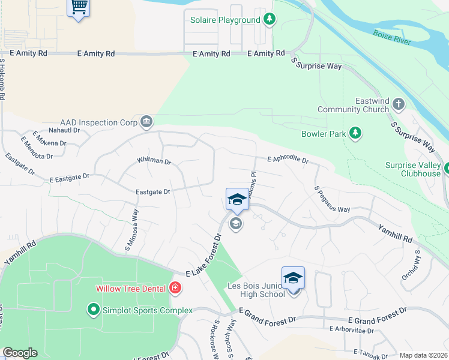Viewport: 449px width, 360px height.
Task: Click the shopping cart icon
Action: click(78, 8)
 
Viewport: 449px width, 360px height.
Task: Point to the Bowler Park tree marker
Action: click(355, 133)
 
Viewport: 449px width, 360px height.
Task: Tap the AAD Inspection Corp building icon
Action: click(146, 122)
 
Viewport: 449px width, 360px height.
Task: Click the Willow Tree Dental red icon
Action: click(175, 288)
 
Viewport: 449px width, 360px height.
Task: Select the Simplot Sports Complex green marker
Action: click(93, 310)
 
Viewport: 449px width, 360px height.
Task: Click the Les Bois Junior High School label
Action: click(256, 290)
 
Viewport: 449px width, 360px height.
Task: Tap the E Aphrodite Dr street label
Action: click(288, 160)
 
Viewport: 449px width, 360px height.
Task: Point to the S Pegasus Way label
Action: click(332, 199)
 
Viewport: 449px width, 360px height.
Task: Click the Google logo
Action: click(20, 353)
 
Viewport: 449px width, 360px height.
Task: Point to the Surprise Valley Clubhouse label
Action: click(413, 169)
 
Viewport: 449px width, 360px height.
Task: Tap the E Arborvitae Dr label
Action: click(351, 330)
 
